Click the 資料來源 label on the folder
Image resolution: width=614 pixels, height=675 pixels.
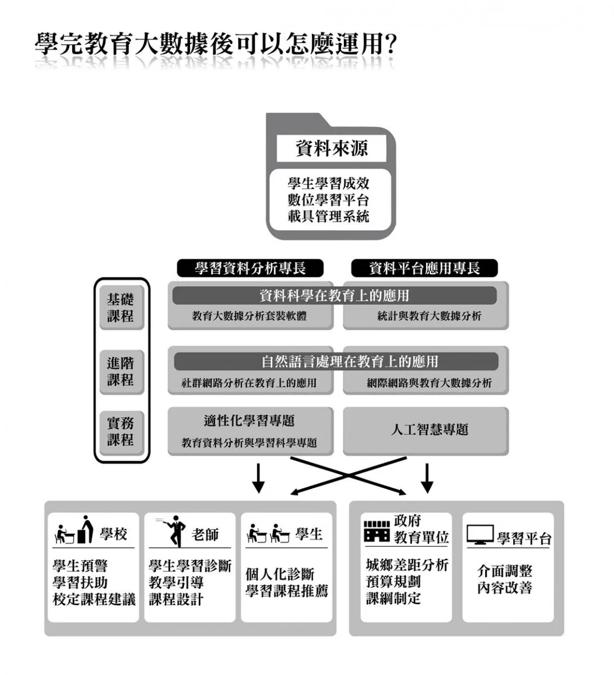331,149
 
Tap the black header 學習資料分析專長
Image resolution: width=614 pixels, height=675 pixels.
250,268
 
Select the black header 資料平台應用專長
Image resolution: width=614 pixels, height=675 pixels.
424,268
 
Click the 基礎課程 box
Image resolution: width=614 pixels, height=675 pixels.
121,308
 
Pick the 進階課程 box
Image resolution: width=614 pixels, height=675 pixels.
121,371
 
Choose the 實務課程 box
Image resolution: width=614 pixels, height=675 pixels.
121,431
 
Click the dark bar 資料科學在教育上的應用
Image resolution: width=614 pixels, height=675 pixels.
334,295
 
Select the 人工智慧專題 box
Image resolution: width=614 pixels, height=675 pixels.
429,430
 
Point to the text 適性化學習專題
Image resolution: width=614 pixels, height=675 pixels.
249,421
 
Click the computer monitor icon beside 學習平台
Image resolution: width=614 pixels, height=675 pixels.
480,535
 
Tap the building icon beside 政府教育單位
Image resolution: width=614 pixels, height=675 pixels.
377,532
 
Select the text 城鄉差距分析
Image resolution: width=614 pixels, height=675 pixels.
407,565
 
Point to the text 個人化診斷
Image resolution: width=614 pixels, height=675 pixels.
280,574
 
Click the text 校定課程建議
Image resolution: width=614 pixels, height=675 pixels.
95,600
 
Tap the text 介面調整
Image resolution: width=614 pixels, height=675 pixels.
505,571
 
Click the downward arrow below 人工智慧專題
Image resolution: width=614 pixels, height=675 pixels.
427,478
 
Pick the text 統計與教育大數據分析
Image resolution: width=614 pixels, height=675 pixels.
429,316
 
